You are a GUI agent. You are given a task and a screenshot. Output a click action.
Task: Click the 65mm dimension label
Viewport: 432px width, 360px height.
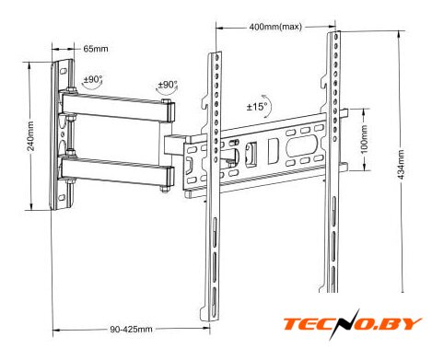click(96, 49)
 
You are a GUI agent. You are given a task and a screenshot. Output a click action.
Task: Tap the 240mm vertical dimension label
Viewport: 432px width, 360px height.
click(31, 136)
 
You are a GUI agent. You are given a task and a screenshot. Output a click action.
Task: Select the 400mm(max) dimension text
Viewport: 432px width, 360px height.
click(275, 27)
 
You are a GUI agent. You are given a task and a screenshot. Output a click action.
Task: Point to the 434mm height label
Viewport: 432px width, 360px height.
click(402, 165)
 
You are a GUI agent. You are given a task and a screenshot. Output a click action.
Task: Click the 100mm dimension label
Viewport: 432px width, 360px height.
click(364, 139)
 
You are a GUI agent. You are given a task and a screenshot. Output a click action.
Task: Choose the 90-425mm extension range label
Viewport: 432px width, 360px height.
click(131, 330)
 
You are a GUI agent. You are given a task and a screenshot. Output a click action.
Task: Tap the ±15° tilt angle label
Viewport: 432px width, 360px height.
click(257, 107)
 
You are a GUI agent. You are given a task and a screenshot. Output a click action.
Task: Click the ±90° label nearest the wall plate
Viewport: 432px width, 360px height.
click(92, 79)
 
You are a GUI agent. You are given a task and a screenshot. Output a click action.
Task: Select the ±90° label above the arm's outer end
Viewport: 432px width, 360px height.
click(168, 85)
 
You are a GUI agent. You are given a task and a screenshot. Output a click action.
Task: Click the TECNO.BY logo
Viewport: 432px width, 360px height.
click(352, 324)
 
